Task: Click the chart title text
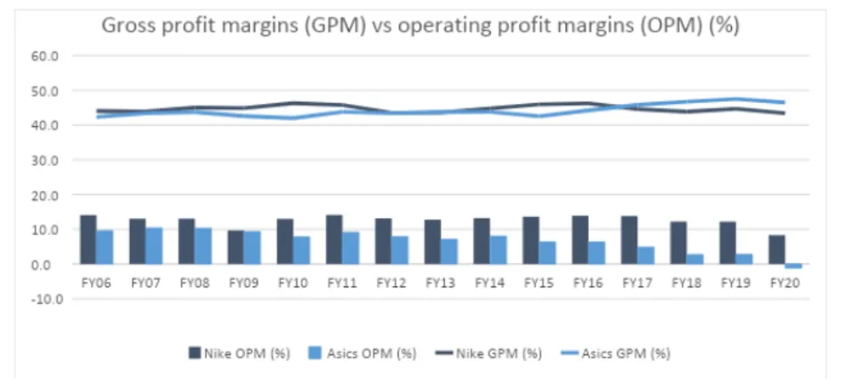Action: pos(420,26)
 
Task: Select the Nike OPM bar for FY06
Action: pos(88,240)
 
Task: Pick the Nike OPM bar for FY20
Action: pos(776,249)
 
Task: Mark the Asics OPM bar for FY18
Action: pos(695,259)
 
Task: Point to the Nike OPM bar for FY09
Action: pos(235,247)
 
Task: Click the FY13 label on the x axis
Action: pos(441,281)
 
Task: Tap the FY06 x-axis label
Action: pos(96,281)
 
